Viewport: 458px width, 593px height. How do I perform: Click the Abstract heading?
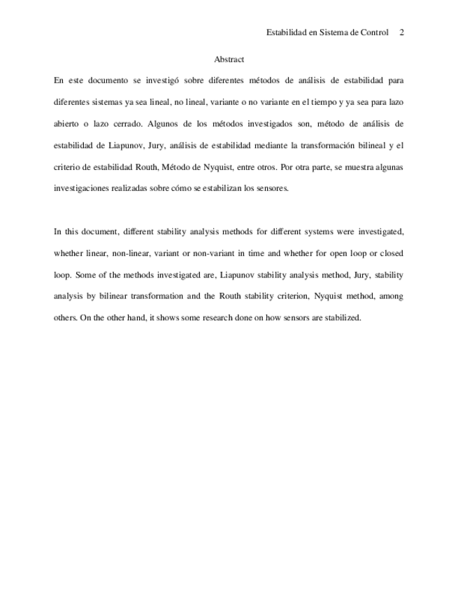pyautogui.click(x=229, y=59)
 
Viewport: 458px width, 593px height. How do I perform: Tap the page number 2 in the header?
pyautogui.click(x=402, y=32)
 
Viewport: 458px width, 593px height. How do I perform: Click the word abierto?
pyautogui.click(x=68, y=124)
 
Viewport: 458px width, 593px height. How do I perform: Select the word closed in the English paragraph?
pyautogui.click(x=390, y=253)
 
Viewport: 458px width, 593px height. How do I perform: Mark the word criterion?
pyautogui.click(x=274, y=296)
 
